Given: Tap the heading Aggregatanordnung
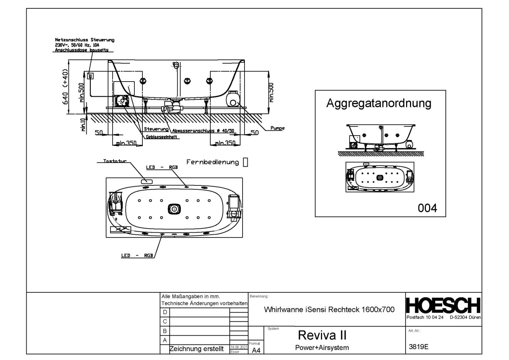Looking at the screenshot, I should (x=379, y=103).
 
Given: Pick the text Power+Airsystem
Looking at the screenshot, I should (x=322, y=348).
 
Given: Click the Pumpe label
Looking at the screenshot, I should (x=278, y=128).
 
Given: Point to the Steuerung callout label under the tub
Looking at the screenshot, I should (x=157, y=130).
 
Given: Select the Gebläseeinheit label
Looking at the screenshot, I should (x=162, y=137).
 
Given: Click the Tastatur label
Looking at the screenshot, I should (x=115, y=162).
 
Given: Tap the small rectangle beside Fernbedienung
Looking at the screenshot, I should (x=245, y=162).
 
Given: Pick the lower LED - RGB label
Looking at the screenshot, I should (x=138, y=256).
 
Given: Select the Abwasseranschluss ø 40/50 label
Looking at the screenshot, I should (x=204, y=130).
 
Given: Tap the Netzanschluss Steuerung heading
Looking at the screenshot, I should (x=84, y=40).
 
